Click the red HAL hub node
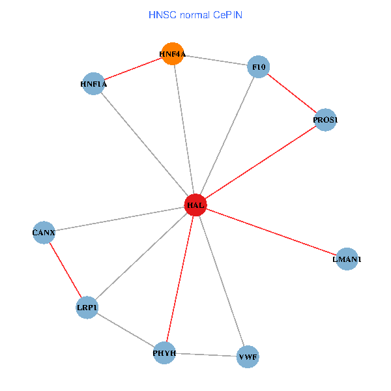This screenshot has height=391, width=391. (x=195, y=205)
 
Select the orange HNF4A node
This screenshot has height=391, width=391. (x=172, y=54)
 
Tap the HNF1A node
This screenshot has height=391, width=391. (x=93, y=84)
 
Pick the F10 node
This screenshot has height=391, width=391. (x=259, y=67)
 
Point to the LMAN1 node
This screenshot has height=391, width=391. (x=347, y=259)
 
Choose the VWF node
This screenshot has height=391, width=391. (x=248, y=356)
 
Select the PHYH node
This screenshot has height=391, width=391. (x=164, y=353)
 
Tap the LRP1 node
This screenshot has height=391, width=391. (x=87, y=308)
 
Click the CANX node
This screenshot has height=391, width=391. (x=44, y=233)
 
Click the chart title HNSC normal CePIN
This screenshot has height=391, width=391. (x=195, y=14)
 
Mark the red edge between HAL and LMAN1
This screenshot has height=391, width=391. (x=271, y=232)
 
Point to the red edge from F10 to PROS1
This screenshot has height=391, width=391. (x=292, y=94)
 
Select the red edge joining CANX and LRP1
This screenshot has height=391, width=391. (x=65, y=270)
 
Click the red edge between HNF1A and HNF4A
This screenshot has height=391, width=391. (x=132, y=69)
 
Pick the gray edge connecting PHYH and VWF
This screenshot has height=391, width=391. (x=206, y=355)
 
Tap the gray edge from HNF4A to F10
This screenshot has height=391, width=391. (x=215, y=61)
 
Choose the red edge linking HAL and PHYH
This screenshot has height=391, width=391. (x=180, y=279)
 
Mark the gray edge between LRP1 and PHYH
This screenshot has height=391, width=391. (x=126, y=330)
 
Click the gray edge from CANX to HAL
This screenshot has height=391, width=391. (x=119, y=218)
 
